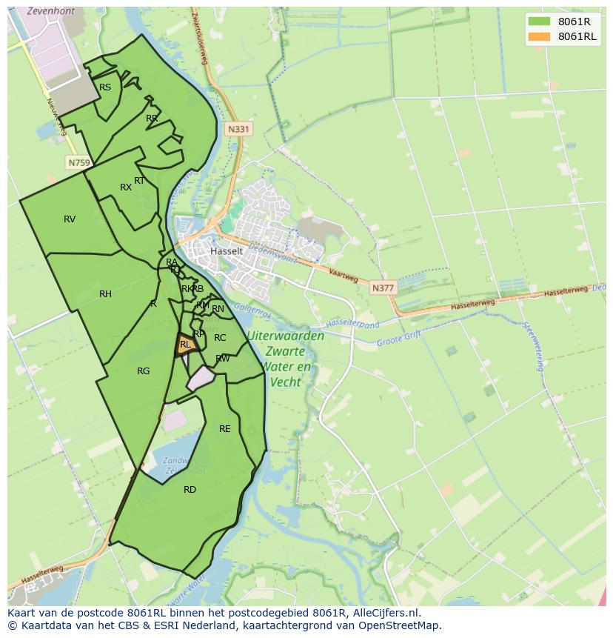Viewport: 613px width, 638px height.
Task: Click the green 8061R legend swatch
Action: (x=540, y=21)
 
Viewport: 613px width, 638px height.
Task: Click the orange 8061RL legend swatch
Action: (x=540, y=36)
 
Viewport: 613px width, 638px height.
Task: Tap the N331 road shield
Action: (x=238, y=129)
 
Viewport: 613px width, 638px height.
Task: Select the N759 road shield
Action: (x=78, y=162)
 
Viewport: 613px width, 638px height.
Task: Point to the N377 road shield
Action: (x=383, y=288)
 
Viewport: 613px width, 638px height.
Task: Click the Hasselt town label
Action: (x=226, y=251)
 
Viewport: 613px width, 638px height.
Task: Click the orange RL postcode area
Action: (x=185, y=345)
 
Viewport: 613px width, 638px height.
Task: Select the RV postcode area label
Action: (x=70, y=219)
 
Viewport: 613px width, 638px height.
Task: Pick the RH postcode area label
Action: (x=105, y=294)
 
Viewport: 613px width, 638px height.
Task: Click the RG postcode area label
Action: (x=144, y=371)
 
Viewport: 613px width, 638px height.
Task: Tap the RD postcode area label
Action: (x=190, y=489)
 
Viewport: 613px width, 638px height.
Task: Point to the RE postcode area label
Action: (x=225, y=428)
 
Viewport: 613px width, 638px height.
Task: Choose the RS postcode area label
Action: (x=105, y=87)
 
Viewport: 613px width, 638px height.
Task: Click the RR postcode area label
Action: (x=152, y=118)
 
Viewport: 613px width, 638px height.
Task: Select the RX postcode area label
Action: (x=126, y=187)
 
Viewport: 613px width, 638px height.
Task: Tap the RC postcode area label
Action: (x=220, y=338)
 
